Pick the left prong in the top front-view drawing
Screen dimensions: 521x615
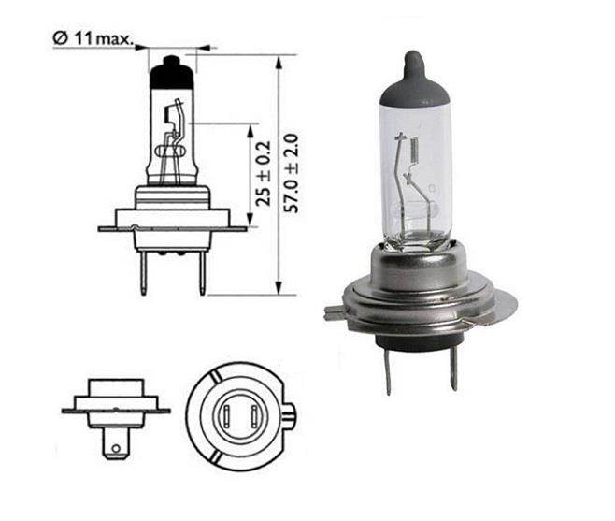click(143, 271)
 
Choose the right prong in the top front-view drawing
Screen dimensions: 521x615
click(200, 271)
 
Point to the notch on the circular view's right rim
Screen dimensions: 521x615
click(291, 411)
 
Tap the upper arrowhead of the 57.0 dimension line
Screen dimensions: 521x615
click(279, 61)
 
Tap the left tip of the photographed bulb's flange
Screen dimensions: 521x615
click(328, 312)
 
